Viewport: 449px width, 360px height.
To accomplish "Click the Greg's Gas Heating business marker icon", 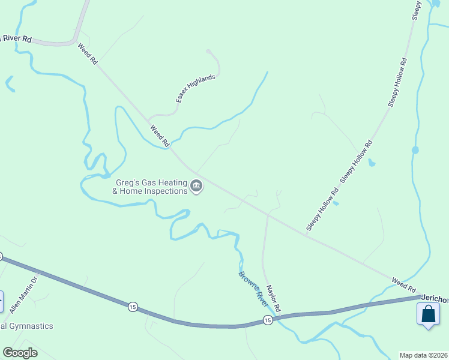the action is [x=196, y=187].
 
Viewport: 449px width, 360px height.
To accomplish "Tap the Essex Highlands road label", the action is [x=195, y=89].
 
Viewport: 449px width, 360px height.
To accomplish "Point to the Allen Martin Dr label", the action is [x=24, y=294].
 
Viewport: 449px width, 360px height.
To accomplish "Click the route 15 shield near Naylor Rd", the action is [x=268, y=321].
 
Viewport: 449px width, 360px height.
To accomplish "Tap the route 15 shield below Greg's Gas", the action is [x=132, y=307].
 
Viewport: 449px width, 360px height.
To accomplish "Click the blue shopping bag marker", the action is [x=428, y=314].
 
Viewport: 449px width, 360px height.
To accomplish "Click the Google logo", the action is [x=20, y=353].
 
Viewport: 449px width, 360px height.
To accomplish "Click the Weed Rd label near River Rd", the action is [x=87, y=54].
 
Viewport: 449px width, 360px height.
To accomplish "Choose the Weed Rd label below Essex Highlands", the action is [x=160, y=136].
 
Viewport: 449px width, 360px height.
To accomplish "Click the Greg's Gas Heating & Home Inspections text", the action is [x=150, y=187].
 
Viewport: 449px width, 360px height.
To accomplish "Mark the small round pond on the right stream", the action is [x=415, y=149].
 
